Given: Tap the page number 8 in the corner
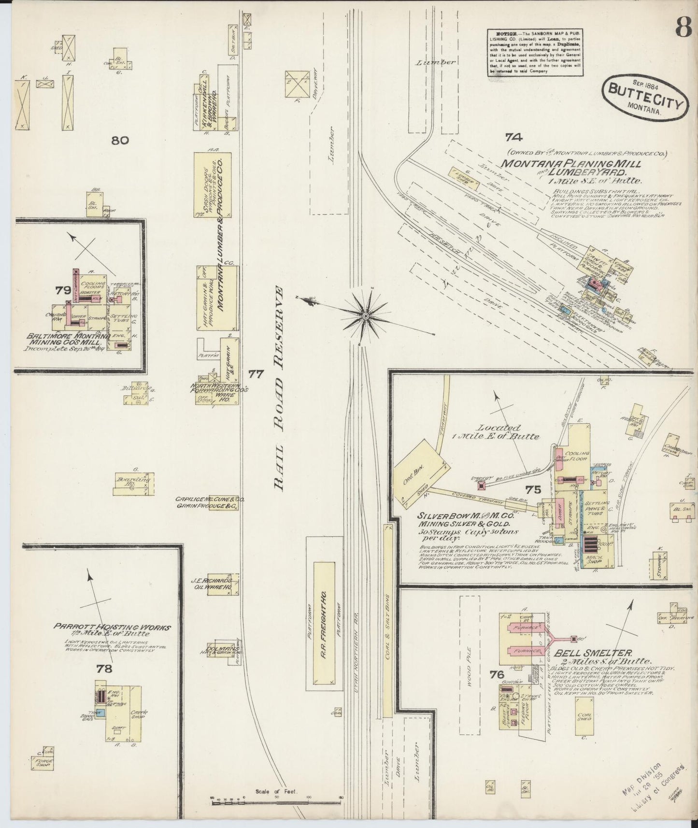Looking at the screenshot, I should [x=684, y=27].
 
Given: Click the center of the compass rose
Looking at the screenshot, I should [x=366, y=316].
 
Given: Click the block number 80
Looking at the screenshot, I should [x=120, y=141].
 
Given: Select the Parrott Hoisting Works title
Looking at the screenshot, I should [x=112, y=627].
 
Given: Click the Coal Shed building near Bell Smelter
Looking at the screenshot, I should [x=584, y=717].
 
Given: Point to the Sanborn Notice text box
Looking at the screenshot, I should [x=535, y=52].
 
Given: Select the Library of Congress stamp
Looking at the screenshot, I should [x=648, y=789].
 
